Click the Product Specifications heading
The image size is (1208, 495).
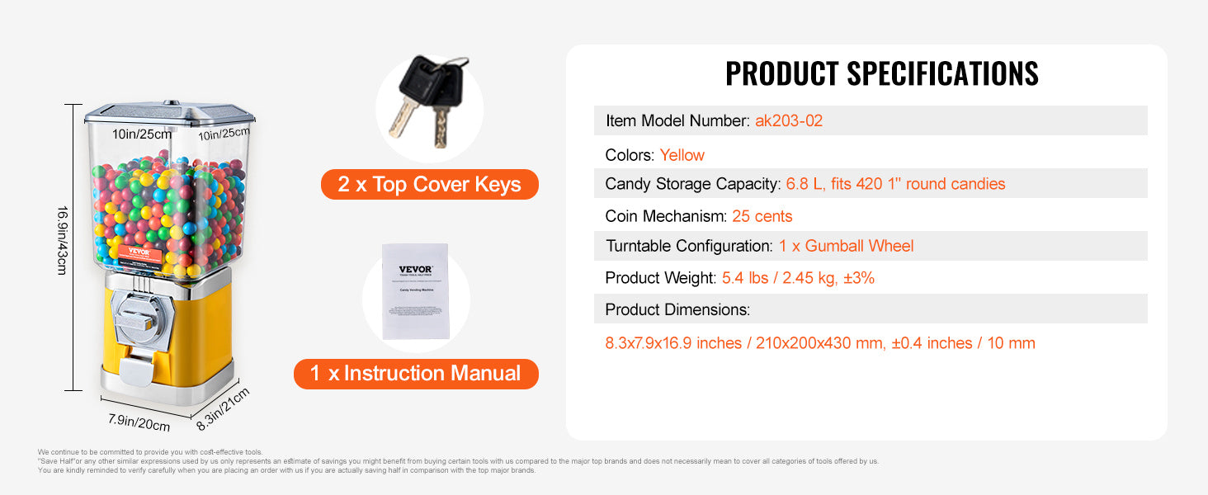[881, 73]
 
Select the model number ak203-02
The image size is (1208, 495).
[789, 121]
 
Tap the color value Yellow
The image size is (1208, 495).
[682, 155]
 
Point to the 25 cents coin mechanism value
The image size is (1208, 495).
[762, 216]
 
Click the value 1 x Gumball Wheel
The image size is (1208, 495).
[846, 246]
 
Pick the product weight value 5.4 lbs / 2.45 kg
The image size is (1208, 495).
[798, 278]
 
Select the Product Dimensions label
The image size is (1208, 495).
[677, 309]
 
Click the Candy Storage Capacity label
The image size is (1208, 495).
[691, 184]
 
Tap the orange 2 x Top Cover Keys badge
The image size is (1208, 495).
[429, 184]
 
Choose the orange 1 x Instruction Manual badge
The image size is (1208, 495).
[416, 374]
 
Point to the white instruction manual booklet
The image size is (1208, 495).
[417, 290]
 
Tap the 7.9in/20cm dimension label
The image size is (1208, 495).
[139, 422]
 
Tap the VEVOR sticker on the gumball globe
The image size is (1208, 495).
[140, 254]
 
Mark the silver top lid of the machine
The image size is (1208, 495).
[169, 114]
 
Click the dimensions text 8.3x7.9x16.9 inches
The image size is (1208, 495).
[673, 343]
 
